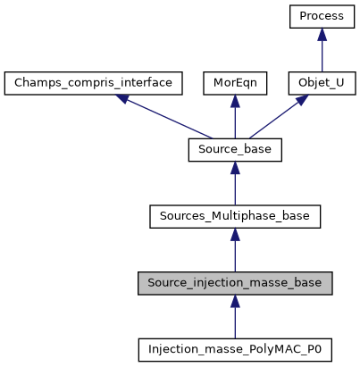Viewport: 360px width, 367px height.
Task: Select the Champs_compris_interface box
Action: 94,83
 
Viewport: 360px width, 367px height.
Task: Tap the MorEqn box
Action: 235,83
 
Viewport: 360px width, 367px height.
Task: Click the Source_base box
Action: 235,150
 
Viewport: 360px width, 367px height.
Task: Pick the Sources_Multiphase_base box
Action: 235,216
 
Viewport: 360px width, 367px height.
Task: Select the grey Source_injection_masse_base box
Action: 235,283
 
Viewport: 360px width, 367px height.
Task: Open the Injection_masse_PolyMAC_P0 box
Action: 235,349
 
